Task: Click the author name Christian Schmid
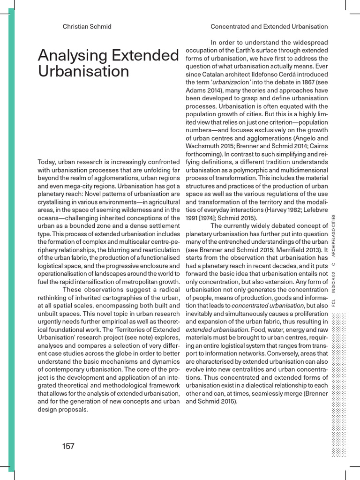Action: pyautogui.click(x=87, y=27)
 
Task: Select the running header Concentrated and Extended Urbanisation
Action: pyautogui.click(x=269, y=27)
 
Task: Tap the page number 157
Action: pyautogui.click(x=68, y=446)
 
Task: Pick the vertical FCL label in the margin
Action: pyautogui.click(x=334, y=304)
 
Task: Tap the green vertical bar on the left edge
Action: pyautogui.click(x=11, y=234)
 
